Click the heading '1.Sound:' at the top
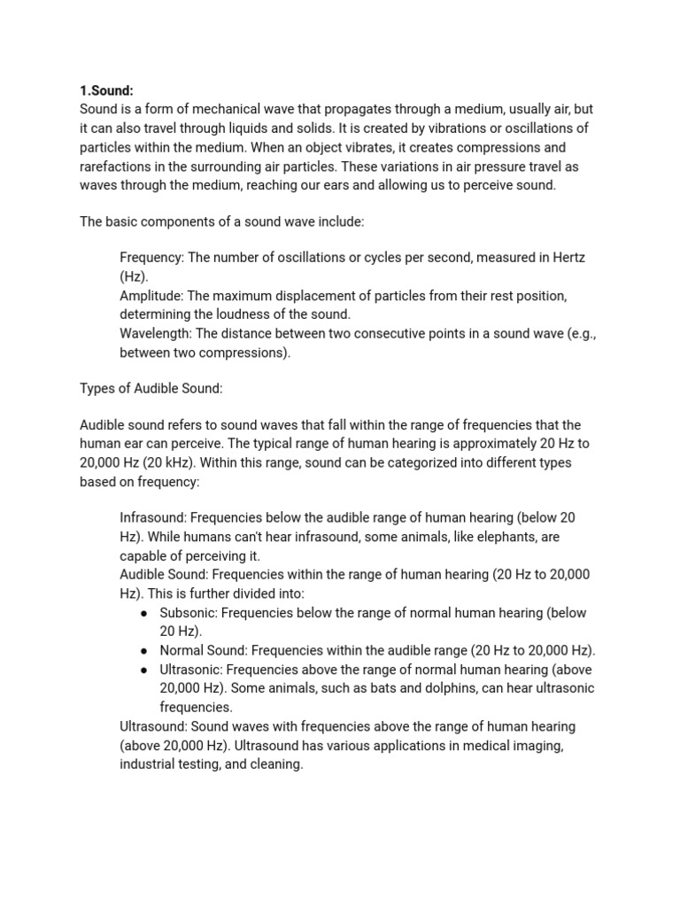coord(107,90)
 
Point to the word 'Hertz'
coord(568,257)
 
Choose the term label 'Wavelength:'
coord(157,333)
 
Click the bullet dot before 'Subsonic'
coord(143,613)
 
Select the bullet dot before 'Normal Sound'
coord(143,651)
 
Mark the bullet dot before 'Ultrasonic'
coord(143,670)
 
